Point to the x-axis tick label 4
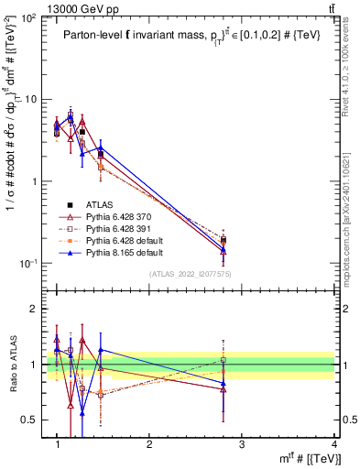click(x=333, y=444)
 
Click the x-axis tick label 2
click(x=149, y=444)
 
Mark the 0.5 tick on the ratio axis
click(x=32, y=420)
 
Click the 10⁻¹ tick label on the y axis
click(x=29, y=264)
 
